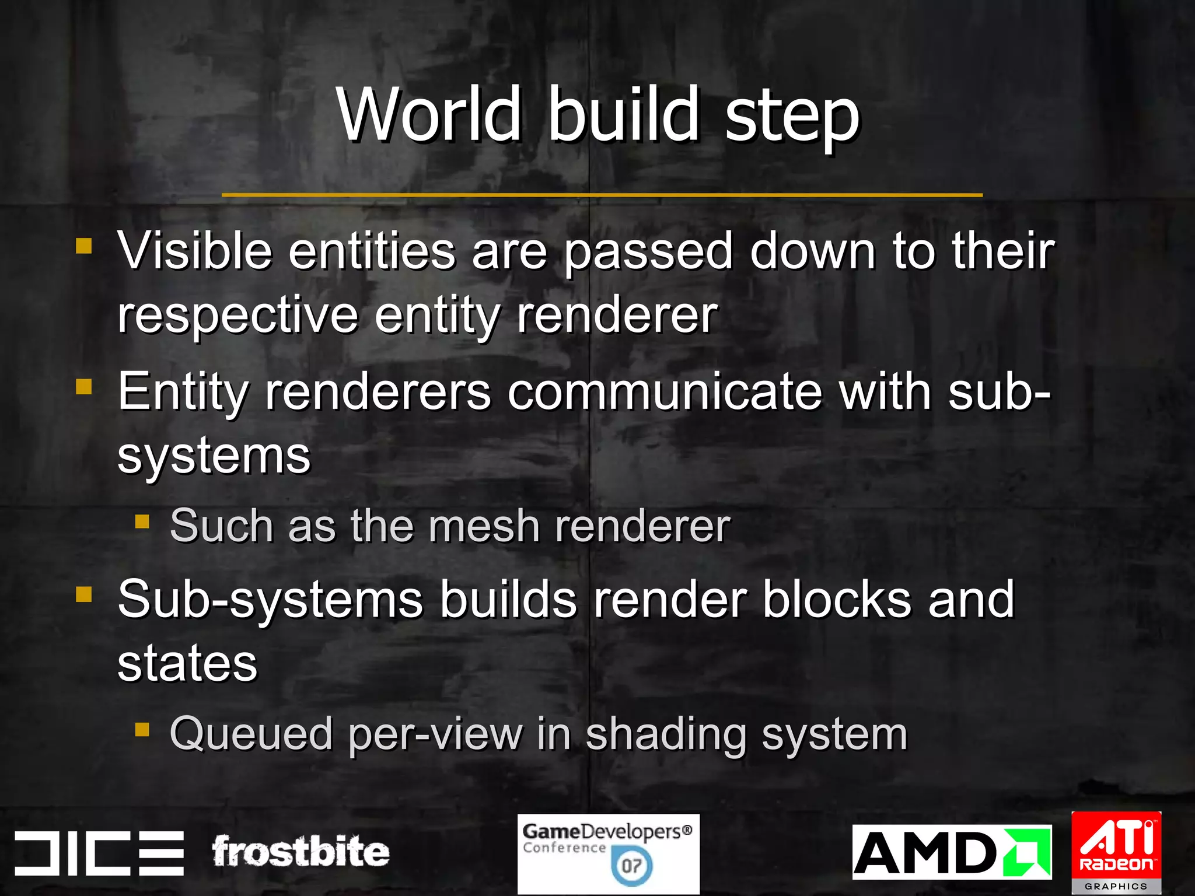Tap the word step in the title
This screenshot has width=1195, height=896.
(x=792, y=117)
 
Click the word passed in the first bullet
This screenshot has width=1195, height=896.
(x=648, y=252)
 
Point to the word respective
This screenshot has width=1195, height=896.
(x=237, y=316)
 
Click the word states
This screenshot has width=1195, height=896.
(x=187, y=663)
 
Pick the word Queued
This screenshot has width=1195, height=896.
(x=251, y=734)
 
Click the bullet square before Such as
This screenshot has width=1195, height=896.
(x=142, y=521)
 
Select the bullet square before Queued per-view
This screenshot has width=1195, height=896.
(x=142, y=729)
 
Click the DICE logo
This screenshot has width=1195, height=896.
(x=99, y=853)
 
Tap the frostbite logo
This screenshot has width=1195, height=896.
(x=300, y=852)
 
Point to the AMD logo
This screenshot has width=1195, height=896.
(x=951, y=852)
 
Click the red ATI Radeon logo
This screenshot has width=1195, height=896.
(x=1116, y=852)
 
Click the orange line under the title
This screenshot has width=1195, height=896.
(x=602, y=195)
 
